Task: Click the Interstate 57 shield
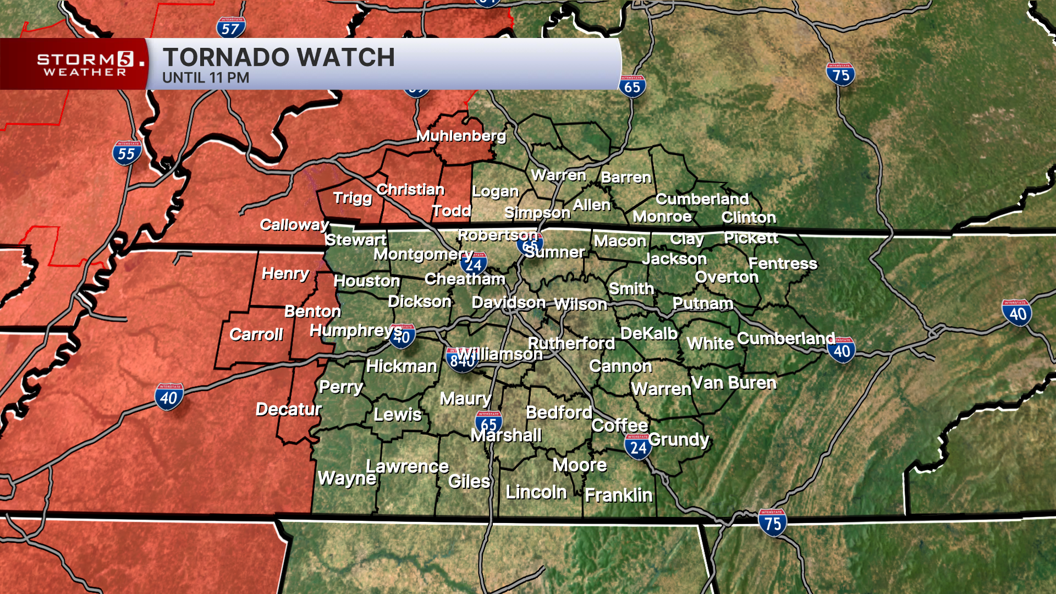[x=231, y=28]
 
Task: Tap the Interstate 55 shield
[x=127, y=153]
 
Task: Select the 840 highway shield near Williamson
[x=461, y=360]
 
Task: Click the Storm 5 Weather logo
[x=85, y=64]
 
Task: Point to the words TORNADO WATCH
[x=279, y=57]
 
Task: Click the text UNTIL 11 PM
[x=206, y=78]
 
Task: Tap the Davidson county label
[x=508, y=302]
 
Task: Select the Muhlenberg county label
[x=461, y=136]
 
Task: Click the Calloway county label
[x=294, y=224]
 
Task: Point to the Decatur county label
[x=289, y=409]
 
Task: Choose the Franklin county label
[x=618, y=495]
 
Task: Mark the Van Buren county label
[x=734, y=383]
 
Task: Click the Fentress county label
[x=783, y=263]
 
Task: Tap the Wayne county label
[x=347, y=478]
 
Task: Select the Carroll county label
[x=256, y=334]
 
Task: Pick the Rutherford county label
[x=571, y=343]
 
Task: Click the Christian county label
[x=410, y=190]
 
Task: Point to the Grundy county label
[x=679, y=439]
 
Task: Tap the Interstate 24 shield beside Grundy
[x=638, y=447]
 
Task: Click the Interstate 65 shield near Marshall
[x=488, y=422]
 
